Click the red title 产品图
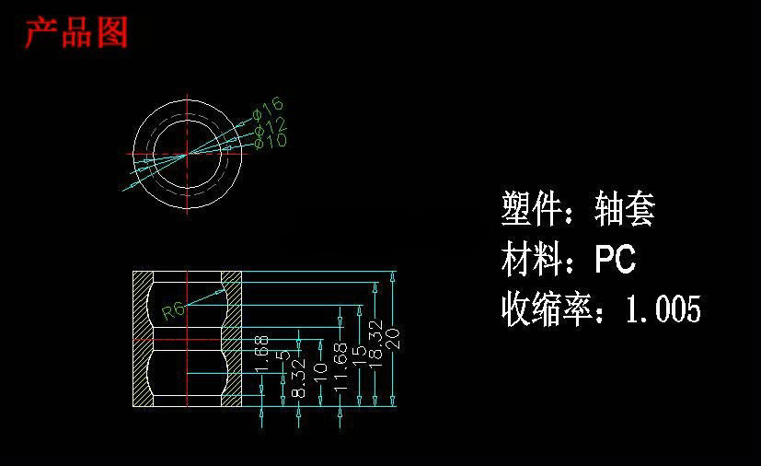(x=75, y=33)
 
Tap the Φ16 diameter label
(x=268, y=108)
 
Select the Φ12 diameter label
(x=271, y=124)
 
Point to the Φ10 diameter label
(x=271, y=140)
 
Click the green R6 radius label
(x=173, y=311)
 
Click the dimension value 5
(x=284, y=355)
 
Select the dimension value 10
(x=321, y=372)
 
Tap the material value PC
(x=615, y=260)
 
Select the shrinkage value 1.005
(x=663, y=309)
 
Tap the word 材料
(x=531, y=260)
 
